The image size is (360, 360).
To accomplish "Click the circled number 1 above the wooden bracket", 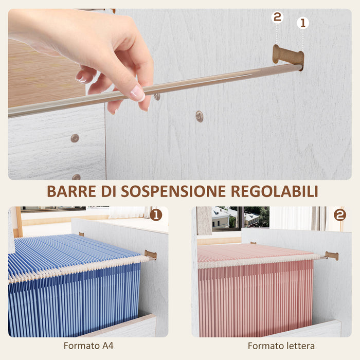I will pos(303,23).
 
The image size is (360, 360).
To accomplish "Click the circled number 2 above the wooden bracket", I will pos(277,17).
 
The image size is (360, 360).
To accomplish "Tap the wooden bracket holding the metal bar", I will pos(288,55).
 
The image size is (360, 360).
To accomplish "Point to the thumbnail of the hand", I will pos(138,93).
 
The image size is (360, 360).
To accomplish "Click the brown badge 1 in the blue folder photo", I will pos(156,215).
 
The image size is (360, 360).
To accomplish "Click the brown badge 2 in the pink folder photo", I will pos(339,215).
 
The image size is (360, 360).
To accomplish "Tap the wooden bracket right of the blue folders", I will pos(150,255).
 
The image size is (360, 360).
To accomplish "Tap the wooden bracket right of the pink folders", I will pos(332,256).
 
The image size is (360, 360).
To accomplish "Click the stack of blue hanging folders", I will pos(72,288).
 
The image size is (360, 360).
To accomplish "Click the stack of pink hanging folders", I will pos(255,288).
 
